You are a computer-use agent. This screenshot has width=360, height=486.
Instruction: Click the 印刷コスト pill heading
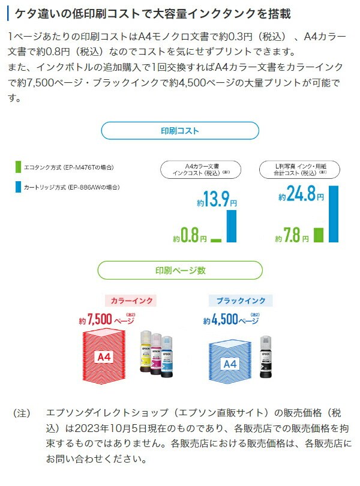(x=180, y=130)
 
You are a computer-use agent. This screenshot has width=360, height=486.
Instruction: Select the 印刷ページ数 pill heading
(x=180, y=270)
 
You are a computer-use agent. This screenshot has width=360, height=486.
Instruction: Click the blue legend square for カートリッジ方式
(x=19, y=187)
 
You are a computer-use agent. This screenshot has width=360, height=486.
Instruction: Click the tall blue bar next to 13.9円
(x=231, y=226)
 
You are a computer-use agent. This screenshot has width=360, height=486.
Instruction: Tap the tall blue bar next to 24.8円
(x=334, y=214)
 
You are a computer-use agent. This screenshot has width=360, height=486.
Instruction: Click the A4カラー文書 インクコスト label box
(x=200, y=169)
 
